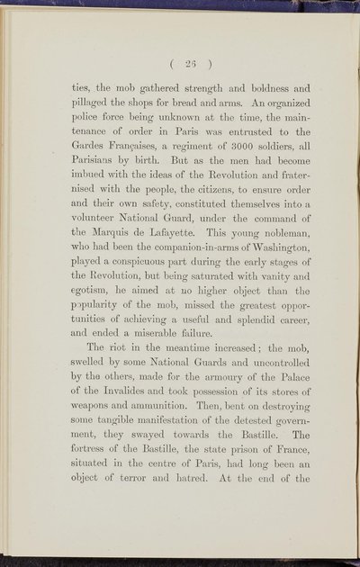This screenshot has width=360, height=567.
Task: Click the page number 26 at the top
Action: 187,63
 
